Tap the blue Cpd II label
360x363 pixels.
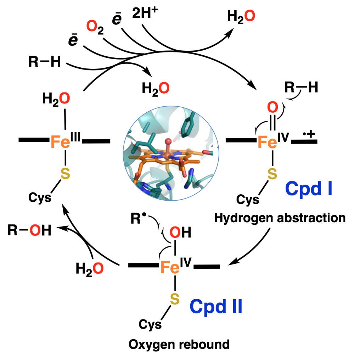pyautogui.click(x=216, y=306)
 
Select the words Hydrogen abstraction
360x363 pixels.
pyautogui.click(x=280, y=218)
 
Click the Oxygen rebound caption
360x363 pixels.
pyautogui.click(x=179, y=344)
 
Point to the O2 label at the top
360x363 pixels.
pyautogui.click(x=95, y=27)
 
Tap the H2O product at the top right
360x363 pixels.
pyautogui.click(x=241, y=17)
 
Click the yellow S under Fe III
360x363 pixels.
pyautogui.click(x=64, y=173)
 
